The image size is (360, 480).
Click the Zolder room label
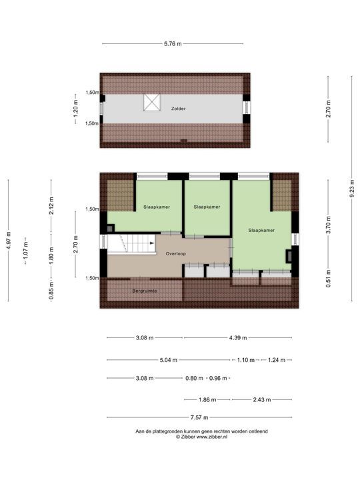pyautogui.click(x=178, y=109)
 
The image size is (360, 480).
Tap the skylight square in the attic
pyautogui.click(x=152, y=102)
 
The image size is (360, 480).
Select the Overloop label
pyautogui.click(x=176, y=253)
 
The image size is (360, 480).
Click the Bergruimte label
pyautogui.click(x=145, y=291)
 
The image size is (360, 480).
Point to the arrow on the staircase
pyautogui.click(x=152, y=243)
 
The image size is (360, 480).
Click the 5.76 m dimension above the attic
pyautogui.click(x=173, y=44)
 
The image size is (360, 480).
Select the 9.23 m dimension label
pyautogui.click(x=352, y=188)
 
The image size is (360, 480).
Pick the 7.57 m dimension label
pyautogui.click(x=199, y=417)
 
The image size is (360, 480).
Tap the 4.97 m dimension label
pyautogui.click(x=9, y=240)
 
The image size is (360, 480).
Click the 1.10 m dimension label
pyautogui.click(x=246, y=360)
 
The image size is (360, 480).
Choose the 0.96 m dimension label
pyautogui.click(x=218, y=379)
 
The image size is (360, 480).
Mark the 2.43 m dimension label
pyautogui.click(x=262, y=399)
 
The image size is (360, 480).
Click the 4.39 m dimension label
pyautogui.click(x=238, y=338)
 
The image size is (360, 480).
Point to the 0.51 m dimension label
pyautogui.click(x=329, y=278)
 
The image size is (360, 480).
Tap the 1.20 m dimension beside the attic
pyautogui.click(x=75, y=109)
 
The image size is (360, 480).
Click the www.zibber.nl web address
pyautogui.click(x=212, y=437)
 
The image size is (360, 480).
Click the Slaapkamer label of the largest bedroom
pyautogui.click(x=261, y=230)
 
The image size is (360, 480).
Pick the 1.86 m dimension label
pyautogui.click(x=207, y=399)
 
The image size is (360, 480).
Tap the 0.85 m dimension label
pyautogui.click(x=51, y=291)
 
